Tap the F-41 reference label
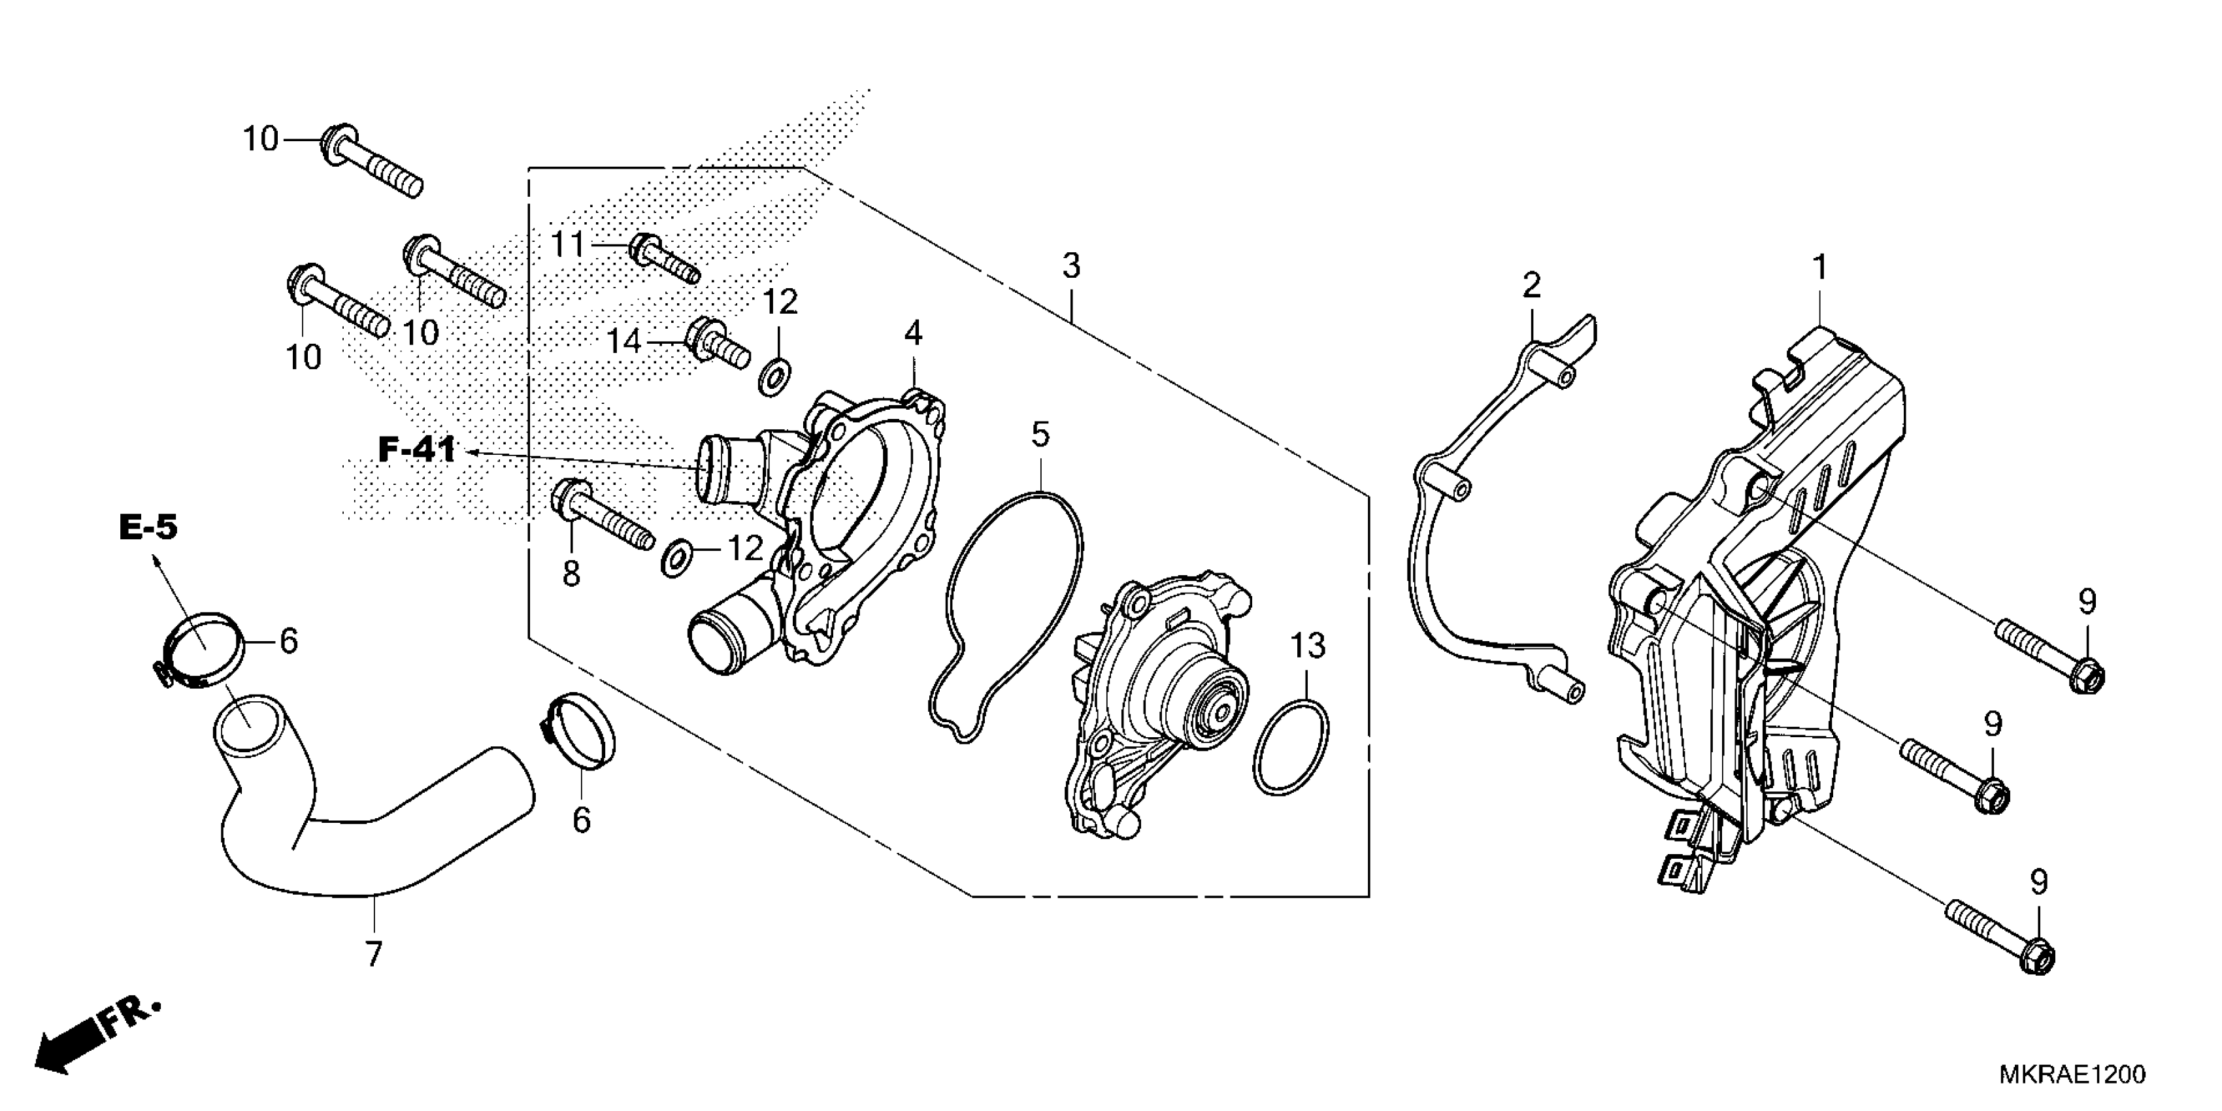pyautogui.click(x=417, y=450)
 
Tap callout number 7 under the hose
pyautogui.click(x=373, y=954)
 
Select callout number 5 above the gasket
pyautogui.click(x=1040, y=435)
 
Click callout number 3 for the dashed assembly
pyautogui.click(x=1070, y=266)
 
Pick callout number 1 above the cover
pyautogui.click(x=1820, y=267)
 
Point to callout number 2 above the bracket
pyautogui.click(x=1531, y=285)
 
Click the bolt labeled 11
pyautogui.click(x=664, y=258)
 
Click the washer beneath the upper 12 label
pyautogui.click(x=774, y=377)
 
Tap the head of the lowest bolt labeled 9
pyautogui.click(x=2038, y=959)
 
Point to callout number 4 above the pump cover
pyautogui.click(x=912, y=332)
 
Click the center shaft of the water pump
pyautogui.click(x=1221, y=712)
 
